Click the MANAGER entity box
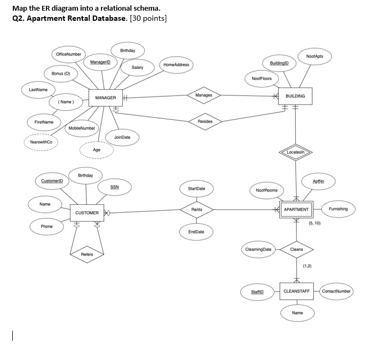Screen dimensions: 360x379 pos(106,98)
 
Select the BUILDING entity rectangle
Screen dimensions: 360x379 pos(295,96)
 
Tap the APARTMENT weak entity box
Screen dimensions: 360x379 pos(296,210)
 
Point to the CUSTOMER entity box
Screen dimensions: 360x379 pos(87,213)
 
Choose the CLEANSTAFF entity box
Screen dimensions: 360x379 pos(296,291)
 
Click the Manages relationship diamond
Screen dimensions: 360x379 pos(204,95)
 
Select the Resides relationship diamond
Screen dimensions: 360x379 pos(205,122)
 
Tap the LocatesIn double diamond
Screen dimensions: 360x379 pos(295,153)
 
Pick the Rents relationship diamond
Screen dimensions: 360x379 pos(196,210)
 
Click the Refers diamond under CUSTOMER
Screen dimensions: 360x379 pos(87,254)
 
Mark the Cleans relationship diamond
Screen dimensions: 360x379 pos(296,249)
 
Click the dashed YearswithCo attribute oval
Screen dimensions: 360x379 pos(41,142)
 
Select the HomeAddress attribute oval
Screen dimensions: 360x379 pos(176,65)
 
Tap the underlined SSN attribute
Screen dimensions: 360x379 pos(115,187)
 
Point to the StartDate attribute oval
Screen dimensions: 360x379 pos(196,189)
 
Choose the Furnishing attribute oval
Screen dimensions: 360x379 pos(338,209)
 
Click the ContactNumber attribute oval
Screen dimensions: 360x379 pos(336,291)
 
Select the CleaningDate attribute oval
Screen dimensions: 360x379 pos(258,249)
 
